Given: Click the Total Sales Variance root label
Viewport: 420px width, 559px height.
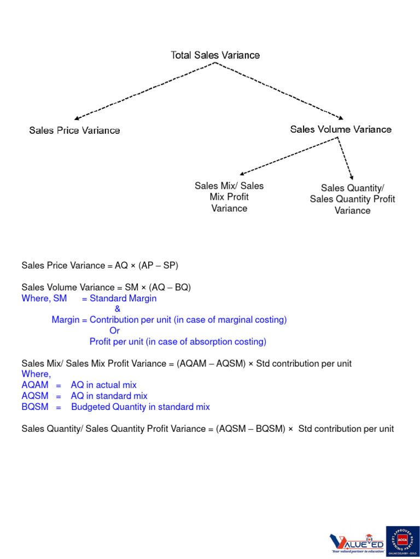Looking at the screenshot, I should click(215, 55).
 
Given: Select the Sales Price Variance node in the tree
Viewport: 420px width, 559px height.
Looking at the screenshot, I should click(74, 130).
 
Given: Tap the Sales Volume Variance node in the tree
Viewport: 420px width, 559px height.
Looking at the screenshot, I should click(341, 129).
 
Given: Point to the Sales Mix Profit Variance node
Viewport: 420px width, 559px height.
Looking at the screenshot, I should click(229, 197).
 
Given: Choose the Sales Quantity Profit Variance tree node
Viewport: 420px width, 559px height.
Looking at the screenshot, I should click(352, 199).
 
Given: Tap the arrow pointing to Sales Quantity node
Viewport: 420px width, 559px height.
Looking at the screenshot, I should click(345, 156).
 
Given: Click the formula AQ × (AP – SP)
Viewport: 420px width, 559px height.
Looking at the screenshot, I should click(147, 266).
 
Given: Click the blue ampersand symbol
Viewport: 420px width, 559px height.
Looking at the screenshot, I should click(118, 309).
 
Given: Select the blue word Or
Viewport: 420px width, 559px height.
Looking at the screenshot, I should click(114, 331).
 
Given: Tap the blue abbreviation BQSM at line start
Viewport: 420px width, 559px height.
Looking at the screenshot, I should click(35, 407).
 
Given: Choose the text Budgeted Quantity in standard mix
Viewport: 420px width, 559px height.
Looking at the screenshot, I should click(141, 407).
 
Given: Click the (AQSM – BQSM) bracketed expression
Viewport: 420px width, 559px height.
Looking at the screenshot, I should click(250, 429).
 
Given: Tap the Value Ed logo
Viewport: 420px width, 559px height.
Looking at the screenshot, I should click(356, 543).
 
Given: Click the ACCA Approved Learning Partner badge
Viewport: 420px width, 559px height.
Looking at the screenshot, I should click(402, 542).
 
